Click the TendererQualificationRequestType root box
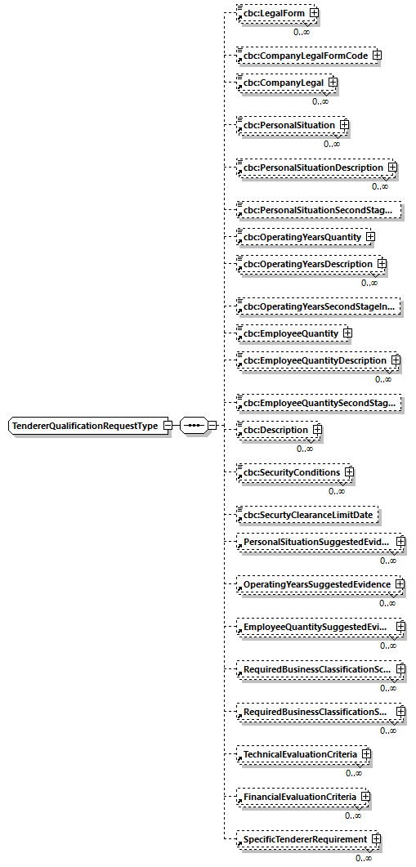click(x=84, y=427)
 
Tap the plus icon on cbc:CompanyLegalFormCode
click(x=377, y=56)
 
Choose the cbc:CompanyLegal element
click(x=281, y=83)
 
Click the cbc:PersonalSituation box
click(x=287, y=126)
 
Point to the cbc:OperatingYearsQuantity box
click(x=300, y=237)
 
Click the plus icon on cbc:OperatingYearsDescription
click(x=382, y=265)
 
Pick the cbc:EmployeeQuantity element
click(x=289, y=333)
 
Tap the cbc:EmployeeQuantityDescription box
click(x=312, y=360)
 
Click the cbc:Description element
click(x=274, y=430)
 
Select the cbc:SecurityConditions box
click(x=289, y=472)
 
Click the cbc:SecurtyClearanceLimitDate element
click(x=307, y=516)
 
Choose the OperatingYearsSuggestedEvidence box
click(x=315, y=585)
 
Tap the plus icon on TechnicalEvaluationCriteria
click(x=366, y=754)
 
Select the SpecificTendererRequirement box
click(x=302, y=839)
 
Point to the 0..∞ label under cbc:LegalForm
click(x=302, y=32)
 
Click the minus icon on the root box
click(x=167, y=426)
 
